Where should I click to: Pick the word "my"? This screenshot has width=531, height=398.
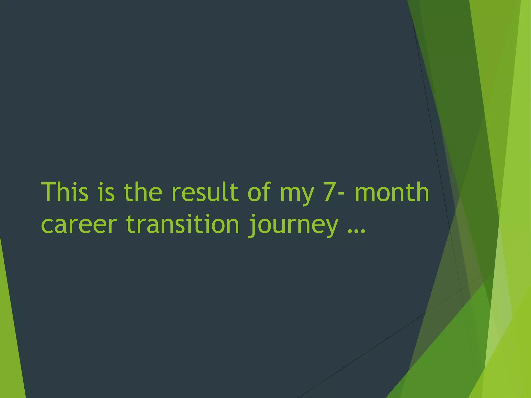(297, 195)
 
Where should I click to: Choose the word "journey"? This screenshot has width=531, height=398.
(293, 226)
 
